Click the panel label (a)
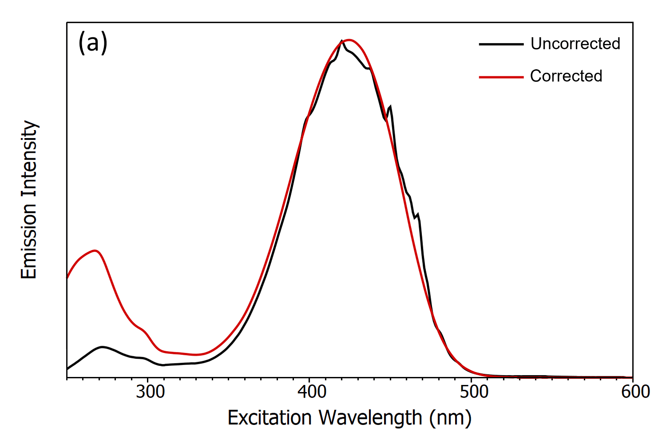click(93, 44)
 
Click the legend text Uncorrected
click(575, 44)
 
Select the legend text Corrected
click(566, 76)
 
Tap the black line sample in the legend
click(501, 44)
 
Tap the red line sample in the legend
click(501, 77)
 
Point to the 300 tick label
click(150, 392)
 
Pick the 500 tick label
click(473, 392)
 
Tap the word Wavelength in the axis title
click(370, 418)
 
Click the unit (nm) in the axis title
click(450, 418)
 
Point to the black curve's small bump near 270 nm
click(103, 347)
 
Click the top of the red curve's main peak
click(349, 40)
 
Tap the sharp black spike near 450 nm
click(390, 106)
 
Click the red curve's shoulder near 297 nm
click(142, 330)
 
